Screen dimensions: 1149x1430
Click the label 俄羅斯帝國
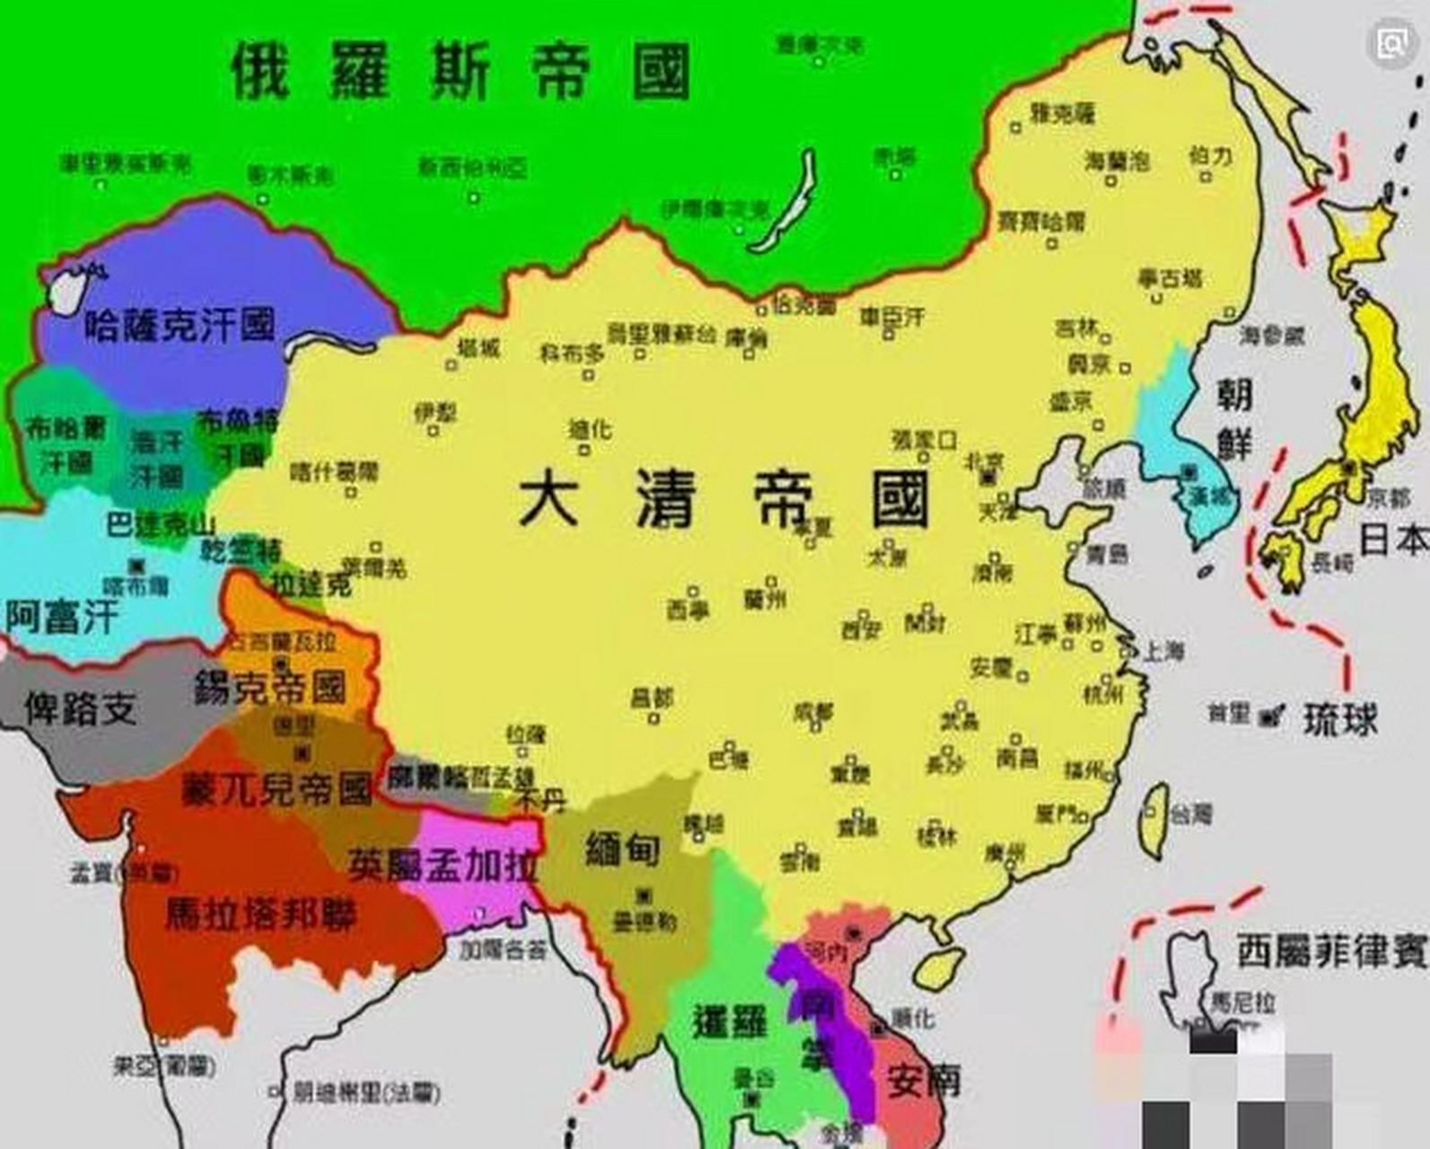pyautogui.click(x=461, y=71)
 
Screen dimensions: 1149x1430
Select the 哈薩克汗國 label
pyautogui.click(x=180, y=325)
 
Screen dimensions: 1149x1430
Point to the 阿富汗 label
pyautogui.click(x=62, y=617)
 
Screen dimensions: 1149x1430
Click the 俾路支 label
pyautogui.click(x=80, y=708)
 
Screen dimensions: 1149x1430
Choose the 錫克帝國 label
pyautogui.click(x=270, y=689)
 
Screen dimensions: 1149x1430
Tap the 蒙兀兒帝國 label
pyautogui.click(x=276, y=789)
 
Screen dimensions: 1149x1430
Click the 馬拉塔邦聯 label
pyautogui.click(x=261, y=914)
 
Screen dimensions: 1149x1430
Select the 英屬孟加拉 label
pyautogui.click(x=443, y=864)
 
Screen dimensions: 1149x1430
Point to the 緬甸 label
pyautogui.click(x=622, y=849)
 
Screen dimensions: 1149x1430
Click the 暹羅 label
pyautogui.click(x=731, y=1022)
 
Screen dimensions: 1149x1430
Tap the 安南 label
pyautogui.click(x=924, y=1081)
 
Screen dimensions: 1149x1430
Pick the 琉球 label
pyautogui.click(x=1340, y=718)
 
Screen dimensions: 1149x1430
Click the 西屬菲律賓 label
pyautogui.click(x=1332, y=951)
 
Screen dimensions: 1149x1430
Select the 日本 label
pyautogui.click(x=1393, y=539)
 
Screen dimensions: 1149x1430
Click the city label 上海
pyautogui.click(x=1163, y=651)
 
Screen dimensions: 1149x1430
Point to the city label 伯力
pyautogui.click(x=1210, y=156)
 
